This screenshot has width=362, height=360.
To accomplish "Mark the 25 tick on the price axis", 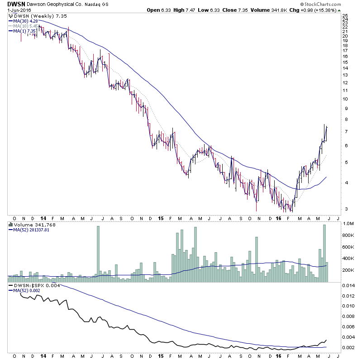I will (345, 16).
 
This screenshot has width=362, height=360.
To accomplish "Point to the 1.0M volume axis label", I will (348, 224).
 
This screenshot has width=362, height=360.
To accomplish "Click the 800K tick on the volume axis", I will (348, 235).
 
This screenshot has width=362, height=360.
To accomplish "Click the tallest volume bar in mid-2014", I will (98, 254).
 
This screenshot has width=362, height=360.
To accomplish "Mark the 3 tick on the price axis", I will (345, 209).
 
